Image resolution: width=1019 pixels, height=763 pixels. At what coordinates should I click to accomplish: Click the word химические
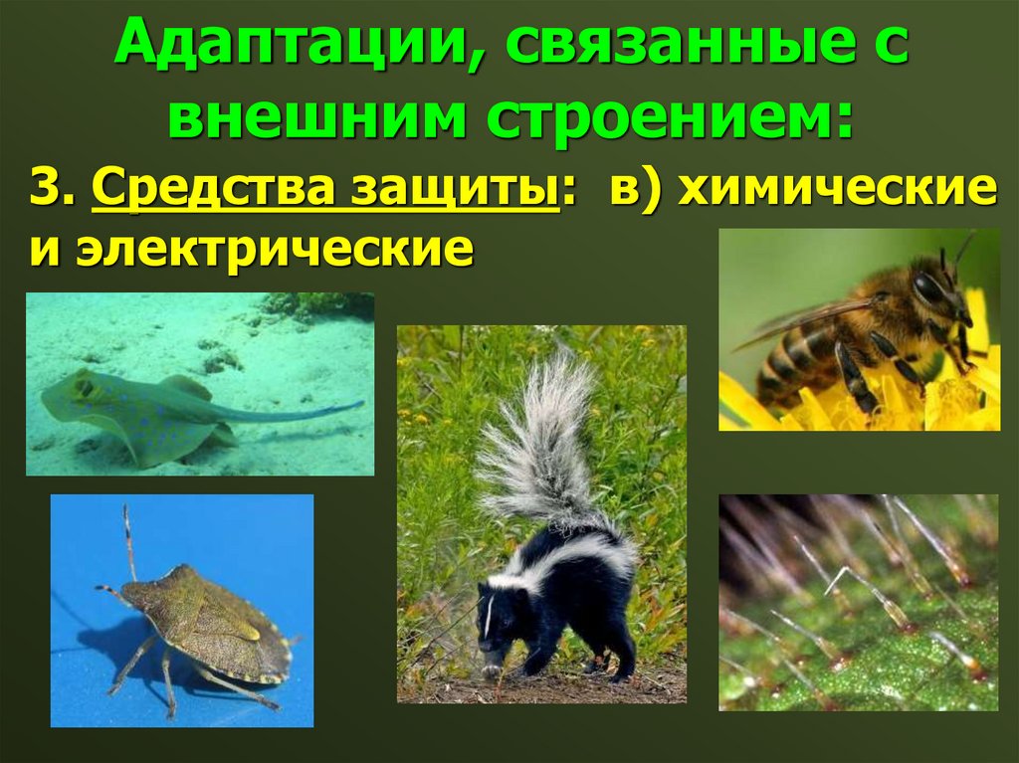[x=836, y=190]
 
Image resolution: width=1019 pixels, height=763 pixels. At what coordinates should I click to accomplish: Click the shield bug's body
[x=209, y=627]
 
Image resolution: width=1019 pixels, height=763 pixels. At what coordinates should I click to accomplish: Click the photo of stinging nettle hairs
[x=858, y=602]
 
